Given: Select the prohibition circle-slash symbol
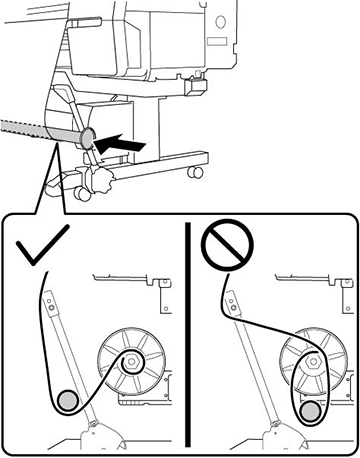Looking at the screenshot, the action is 221,246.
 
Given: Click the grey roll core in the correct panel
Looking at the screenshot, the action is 67,400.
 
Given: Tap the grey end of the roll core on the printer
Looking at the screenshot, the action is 87,137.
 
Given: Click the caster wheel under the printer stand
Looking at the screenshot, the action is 189,177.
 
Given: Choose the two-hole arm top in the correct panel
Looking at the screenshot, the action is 49,302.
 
